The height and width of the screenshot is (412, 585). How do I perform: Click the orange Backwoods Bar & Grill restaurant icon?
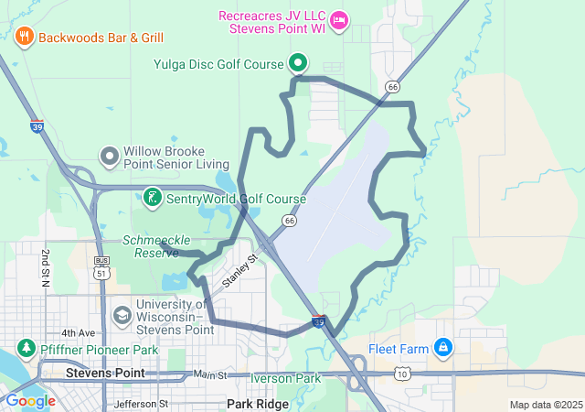pos(24,38)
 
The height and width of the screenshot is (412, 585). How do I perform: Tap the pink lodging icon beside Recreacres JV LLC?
pos(338,19)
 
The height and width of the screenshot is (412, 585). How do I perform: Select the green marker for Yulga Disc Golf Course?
pos(298,63)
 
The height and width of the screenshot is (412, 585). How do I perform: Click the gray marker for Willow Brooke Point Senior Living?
pos(110,157)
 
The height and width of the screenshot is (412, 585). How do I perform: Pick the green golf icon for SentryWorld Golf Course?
pos(152,197)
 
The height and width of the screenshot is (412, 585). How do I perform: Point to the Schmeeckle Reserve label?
pos(152,246)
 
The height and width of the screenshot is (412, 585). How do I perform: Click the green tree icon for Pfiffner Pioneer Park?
pos(25,348)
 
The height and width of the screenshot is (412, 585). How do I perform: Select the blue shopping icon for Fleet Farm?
pos(443,347)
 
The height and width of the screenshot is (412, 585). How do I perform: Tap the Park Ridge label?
pos(258,404)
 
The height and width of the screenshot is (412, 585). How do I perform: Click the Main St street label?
pos(209,375)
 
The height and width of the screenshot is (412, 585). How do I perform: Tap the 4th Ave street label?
pos(78,332)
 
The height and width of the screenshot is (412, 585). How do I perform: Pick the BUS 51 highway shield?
pos(101,266)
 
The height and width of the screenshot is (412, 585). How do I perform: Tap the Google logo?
pos(31,401)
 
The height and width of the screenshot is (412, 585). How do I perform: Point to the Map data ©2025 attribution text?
pos(546,405)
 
